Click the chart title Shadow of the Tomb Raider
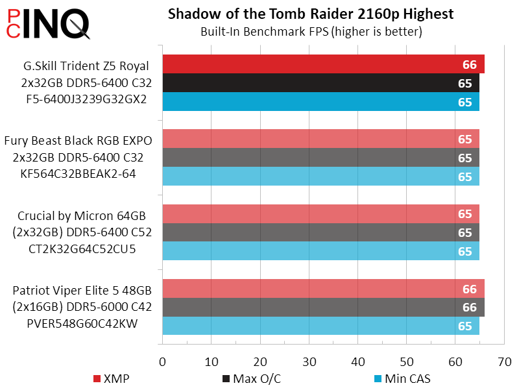[x=310, y=14]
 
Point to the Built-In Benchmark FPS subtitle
[x=310, y=31]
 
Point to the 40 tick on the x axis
[x=357, y=360]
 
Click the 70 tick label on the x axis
[x=503, y=360]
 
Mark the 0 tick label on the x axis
[x=162, y=360]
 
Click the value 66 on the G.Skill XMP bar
[x=469, y=64]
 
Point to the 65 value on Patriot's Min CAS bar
[x=465, y=326]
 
